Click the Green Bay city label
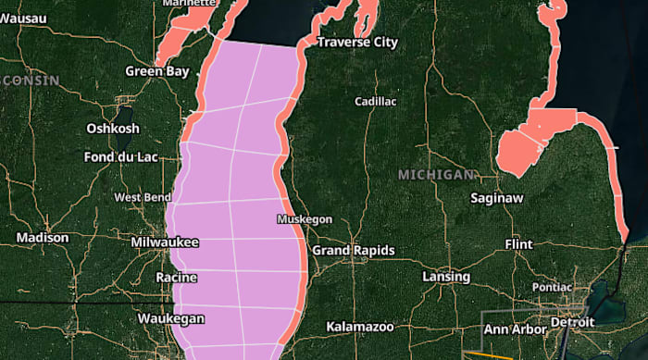(157, 70)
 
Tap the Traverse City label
(357, 43)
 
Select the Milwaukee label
(165, 242)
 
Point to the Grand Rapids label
(353, 251)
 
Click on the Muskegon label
(304, 219)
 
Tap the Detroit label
(572, 322)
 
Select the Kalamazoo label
(361, 327)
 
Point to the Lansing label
(445, 277)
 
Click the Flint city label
(518, 243)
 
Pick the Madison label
(43, 238)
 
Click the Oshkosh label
(113, 128)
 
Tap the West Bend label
(142, 197)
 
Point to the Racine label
(176, 278)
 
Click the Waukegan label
(170, 317)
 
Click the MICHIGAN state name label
(436, 174)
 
